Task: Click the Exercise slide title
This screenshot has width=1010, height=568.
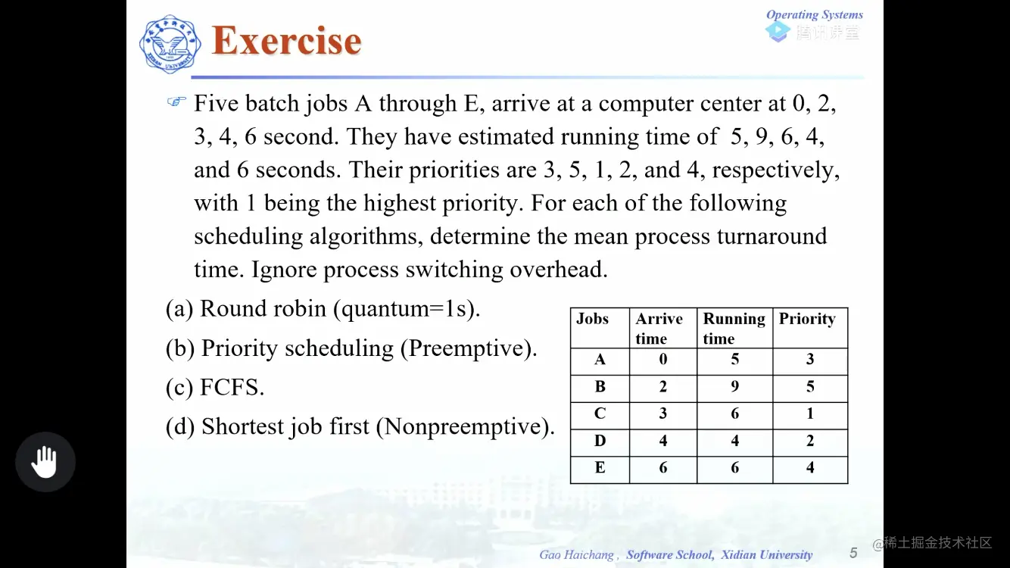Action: click(286, 41)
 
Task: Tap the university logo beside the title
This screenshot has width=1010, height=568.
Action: click(170, 44)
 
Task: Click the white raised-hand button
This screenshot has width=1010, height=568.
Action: click(45, 462)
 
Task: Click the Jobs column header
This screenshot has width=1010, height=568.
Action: click(592, 319)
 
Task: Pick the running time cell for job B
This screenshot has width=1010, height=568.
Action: click(734, 387)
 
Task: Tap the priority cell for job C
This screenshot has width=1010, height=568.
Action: click(810, 414)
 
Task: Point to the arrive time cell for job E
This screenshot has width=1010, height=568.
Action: click(663, 468)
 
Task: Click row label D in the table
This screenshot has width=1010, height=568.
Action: click(600, 441)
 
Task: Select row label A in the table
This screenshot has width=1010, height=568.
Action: click(600, 360)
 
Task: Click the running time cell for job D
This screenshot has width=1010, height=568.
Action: click(734, 441)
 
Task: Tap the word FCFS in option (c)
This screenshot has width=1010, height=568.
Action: click(232, 388)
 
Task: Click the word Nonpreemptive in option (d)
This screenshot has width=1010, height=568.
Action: click(464, 427)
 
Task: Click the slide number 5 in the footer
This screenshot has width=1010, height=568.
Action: click(853, 553)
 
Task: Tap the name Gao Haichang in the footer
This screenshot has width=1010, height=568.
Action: click(577, 555)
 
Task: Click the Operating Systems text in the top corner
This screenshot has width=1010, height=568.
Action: click(814, 14)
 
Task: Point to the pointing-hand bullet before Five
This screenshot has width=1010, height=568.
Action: click(176, 101)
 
